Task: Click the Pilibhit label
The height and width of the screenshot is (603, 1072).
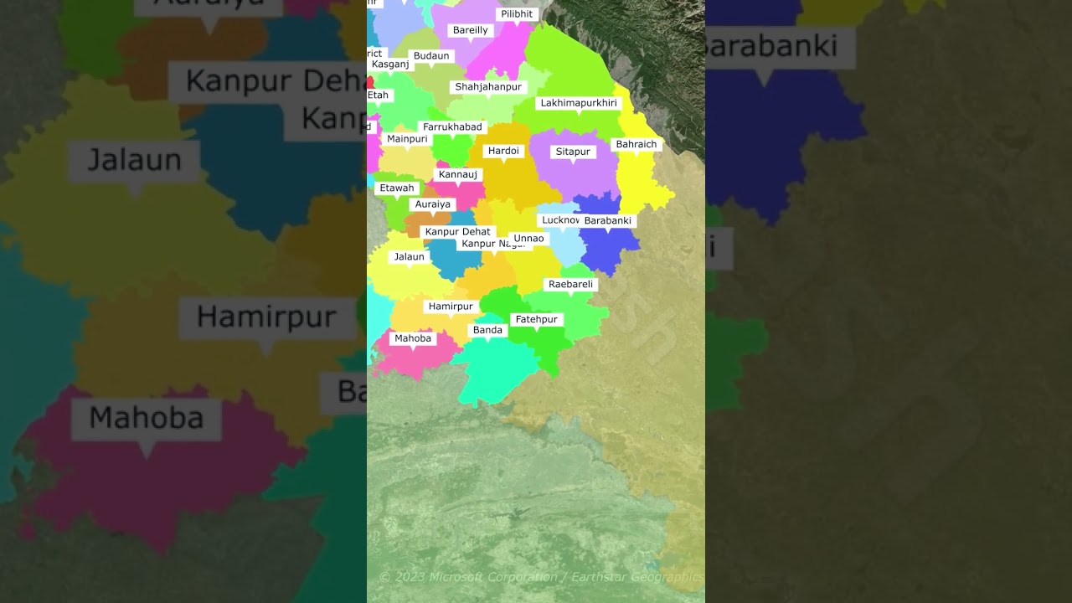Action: point(516,14)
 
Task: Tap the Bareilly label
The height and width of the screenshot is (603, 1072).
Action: point(470,30)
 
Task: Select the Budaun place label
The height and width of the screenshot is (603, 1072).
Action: point(431,56)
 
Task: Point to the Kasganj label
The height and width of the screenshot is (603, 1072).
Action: point(389,64)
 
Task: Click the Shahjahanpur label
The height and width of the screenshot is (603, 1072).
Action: point(488,87)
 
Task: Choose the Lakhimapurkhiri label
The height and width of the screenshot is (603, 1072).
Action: point(579,103)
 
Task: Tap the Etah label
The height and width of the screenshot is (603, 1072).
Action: point(379,95)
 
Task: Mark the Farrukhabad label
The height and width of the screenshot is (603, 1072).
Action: point(452,127)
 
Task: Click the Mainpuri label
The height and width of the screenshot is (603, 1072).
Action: point(407,139)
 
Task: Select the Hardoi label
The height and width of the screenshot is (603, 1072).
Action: point(503,152)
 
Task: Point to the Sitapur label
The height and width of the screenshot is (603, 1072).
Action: point(573,152)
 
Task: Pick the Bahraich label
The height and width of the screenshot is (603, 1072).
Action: point(636,145)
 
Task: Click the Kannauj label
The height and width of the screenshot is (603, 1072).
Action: point(458,175)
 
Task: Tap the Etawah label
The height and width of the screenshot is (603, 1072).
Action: point(397,188)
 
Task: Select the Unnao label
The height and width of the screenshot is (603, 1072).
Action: point(528,239)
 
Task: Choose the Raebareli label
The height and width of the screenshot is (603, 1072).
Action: point(570,285)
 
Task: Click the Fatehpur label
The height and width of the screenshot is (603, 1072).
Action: point(536,320)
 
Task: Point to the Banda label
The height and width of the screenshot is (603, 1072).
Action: point(487,331)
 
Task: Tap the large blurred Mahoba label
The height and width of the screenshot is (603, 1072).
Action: point(147,418)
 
